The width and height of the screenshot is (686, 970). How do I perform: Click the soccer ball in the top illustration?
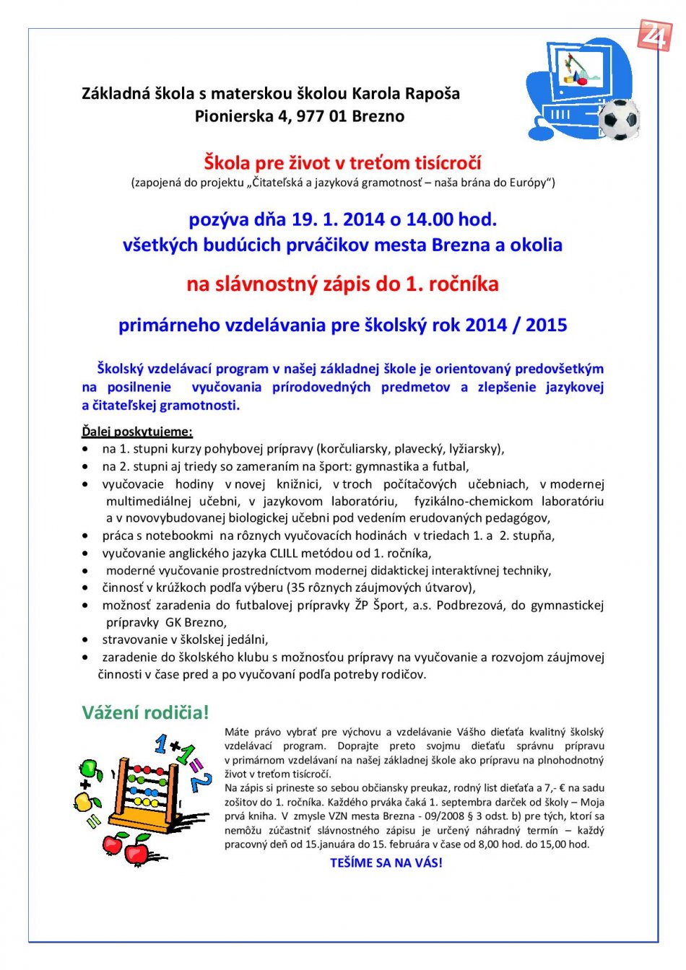pyautogui.click(x=620, y=119)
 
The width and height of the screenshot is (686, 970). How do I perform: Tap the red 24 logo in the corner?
pyautogui.click(x=654, y=35)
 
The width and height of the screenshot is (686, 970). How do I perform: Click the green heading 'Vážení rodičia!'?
pyautogui.click(x=145, y=712)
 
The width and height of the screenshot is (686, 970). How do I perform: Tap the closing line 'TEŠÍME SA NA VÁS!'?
pyautogui.click(x=386, y=862)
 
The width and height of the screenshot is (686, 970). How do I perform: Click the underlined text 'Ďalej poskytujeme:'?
pyautogui.click(x=137, y=432)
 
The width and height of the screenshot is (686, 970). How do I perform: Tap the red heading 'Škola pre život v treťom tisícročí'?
pyautogui.click(x=342, y=162)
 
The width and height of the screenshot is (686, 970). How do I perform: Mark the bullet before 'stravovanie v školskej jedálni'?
pyautogui.click(x=86, y=640)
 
